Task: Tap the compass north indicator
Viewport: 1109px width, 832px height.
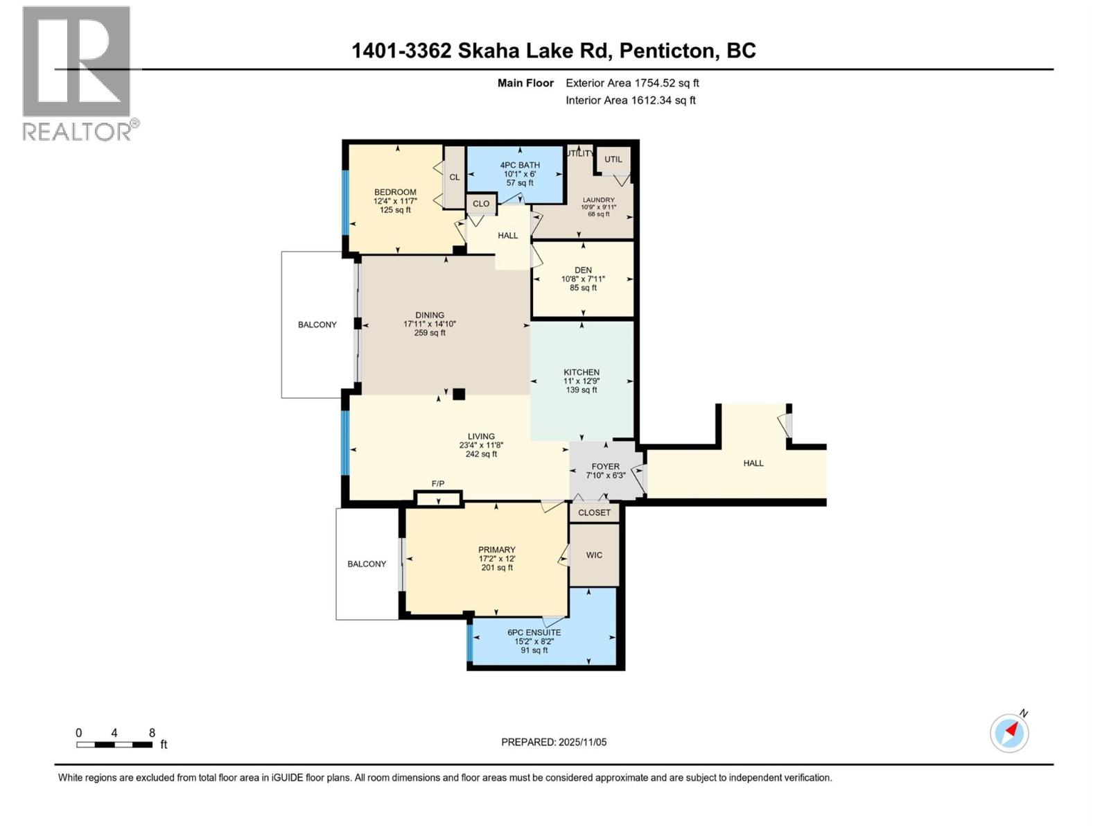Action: [1009, 732]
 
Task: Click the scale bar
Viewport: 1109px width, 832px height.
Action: [114, 745]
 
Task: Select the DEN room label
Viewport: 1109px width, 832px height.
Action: [583, 270]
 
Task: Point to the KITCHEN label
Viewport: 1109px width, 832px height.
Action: [582, 372]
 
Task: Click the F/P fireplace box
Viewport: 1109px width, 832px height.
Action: [438, 499]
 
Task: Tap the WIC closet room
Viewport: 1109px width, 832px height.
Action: [594, 555]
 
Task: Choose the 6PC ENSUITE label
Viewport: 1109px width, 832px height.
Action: [534, 632]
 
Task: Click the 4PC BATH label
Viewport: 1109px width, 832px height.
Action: [520, 165]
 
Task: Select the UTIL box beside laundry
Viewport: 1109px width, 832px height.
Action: [613, 159]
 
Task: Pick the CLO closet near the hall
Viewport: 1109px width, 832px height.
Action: [481, 204]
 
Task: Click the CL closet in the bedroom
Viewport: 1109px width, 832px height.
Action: [455, 177]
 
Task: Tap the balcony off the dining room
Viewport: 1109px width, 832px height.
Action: [317, 324]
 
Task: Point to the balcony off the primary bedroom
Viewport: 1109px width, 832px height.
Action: [367, 564]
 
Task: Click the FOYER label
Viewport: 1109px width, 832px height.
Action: [605, 467]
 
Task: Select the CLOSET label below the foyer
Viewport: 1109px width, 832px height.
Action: [595, 512]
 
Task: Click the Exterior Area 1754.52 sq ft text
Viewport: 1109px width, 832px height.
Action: [632, 83]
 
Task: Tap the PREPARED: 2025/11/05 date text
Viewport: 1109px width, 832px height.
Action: [554, 742]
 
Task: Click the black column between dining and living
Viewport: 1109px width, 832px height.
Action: [459, 394]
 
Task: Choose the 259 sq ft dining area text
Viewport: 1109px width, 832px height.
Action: [430, 333]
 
